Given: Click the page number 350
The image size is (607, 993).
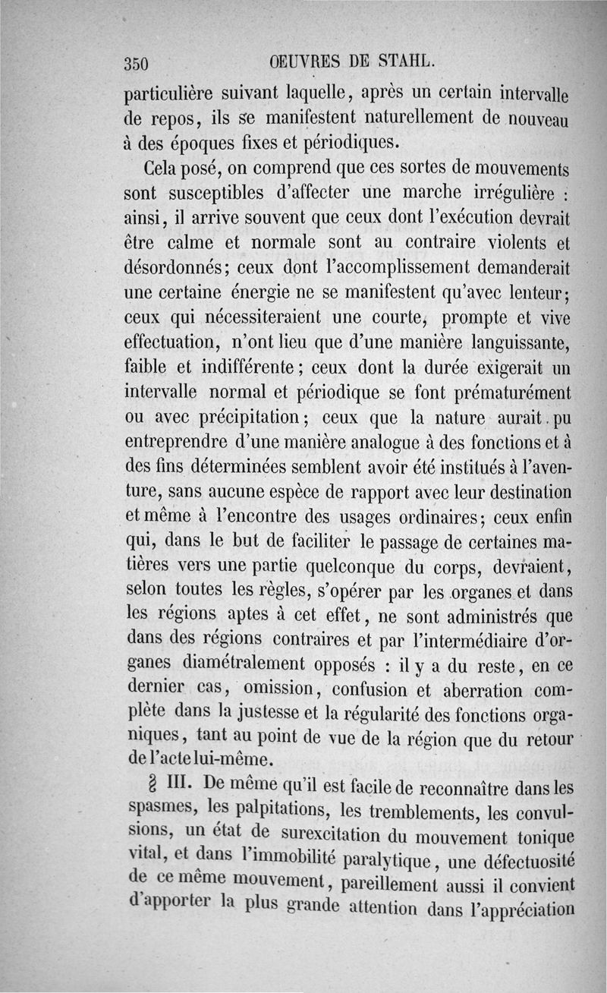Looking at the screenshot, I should tap(139, 63).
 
